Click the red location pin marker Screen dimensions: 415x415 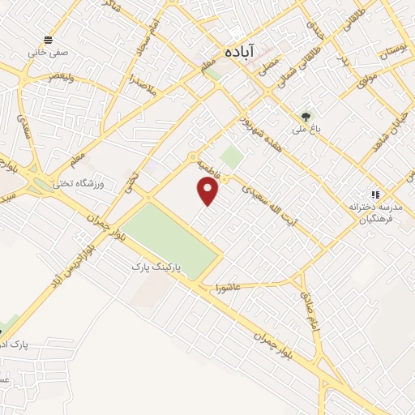209,191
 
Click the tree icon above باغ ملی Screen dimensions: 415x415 306,116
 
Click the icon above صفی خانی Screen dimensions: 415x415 49,39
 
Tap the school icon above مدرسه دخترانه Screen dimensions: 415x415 374,195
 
